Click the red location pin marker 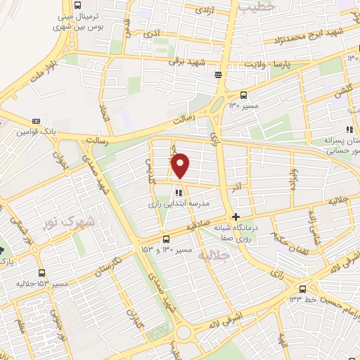click(181, 165)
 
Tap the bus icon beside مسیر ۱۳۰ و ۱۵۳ click(166, 238)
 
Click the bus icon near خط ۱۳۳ click(302, 288)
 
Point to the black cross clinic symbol click(236, 217)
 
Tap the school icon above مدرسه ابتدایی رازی click(179, 192)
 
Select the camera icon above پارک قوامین click(27, 120)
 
